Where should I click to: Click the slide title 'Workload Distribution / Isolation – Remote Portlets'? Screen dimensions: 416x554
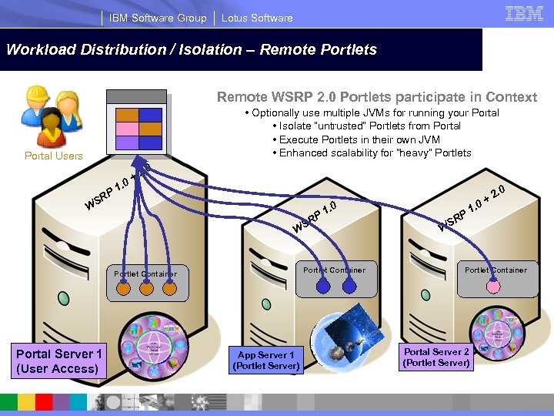pos(192,50)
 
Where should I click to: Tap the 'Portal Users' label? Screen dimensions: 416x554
pos(53,156)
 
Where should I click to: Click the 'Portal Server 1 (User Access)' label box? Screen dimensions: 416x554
pos(58,361)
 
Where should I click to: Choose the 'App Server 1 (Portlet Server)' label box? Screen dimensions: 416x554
pos(266,361)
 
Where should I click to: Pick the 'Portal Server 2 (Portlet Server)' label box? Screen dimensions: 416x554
pos(436,357)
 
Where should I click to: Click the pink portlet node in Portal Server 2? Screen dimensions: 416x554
pos(493,287)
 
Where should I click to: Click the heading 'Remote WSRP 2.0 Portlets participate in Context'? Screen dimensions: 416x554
pos(376,97)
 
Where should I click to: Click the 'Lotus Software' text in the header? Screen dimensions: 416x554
pos(257,18)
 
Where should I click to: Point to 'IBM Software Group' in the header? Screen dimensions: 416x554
pos(158,18)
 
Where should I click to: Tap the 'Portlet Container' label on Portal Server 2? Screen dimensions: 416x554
pos(496,270)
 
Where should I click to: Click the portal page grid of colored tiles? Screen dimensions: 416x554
pos(139,128)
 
